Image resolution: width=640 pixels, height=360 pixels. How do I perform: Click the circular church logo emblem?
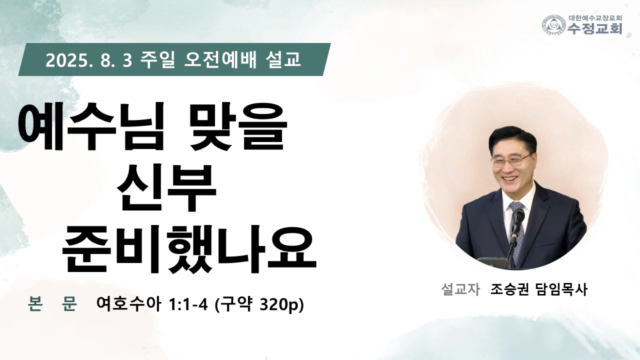[554, 25]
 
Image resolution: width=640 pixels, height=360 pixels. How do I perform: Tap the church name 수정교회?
[595, 28]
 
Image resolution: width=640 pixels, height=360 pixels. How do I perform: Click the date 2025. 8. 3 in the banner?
[89, 60]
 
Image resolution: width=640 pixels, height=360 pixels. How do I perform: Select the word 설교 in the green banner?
[283, 59]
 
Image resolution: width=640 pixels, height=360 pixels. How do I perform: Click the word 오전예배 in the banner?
[220, 59]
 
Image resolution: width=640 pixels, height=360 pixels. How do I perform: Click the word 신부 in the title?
[166, 187]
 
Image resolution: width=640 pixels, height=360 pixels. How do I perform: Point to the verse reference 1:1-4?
[188, 304]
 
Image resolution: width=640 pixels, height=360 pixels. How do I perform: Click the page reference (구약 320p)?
[259, 305]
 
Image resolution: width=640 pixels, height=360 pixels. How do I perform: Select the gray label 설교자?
[460, 289]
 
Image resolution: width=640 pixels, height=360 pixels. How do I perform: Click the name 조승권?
[509, 289]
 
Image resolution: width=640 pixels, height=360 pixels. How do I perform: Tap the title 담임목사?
[562, 289]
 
